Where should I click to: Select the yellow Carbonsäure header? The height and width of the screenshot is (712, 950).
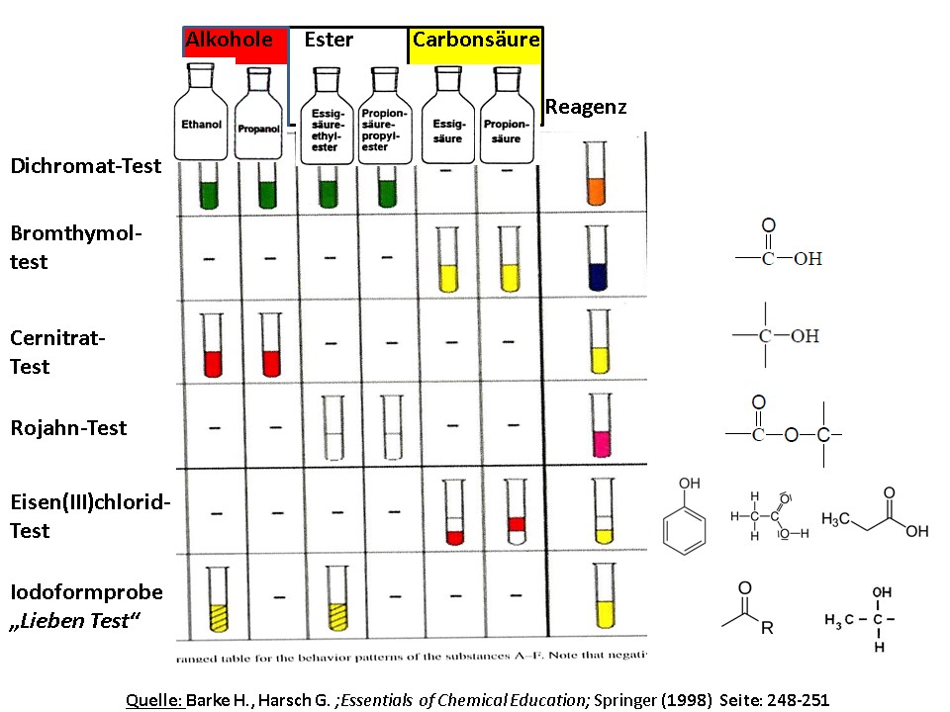pos(476,41)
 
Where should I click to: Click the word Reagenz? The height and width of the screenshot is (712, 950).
pos(586,107)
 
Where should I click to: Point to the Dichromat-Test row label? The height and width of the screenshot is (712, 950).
pos(85,166)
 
